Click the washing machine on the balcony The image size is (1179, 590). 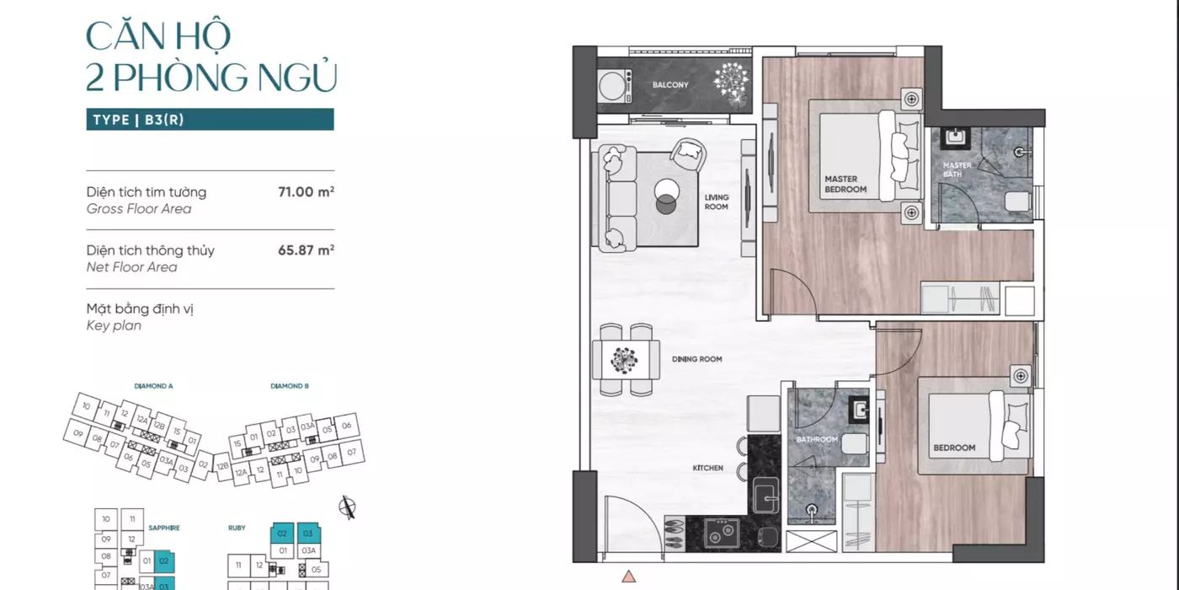click(615, 86)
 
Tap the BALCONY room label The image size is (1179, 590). click(670, 85)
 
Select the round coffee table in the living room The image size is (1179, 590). click(666, 196)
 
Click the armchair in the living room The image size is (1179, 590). click(688, 154)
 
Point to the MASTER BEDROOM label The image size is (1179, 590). click(846, 185)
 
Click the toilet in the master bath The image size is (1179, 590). click(1017, 201)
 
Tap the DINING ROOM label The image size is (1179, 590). click(696, 359)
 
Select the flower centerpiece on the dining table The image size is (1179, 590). click(624, 361)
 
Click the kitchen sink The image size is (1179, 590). click(766, 496)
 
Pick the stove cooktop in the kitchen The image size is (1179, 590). click(722, 533)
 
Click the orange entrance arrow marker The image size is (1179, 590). click(628, 577)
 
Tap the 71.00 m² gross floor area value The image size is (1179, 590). click(306, 191)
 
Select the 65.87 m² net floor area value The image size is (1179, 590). click(306, 249)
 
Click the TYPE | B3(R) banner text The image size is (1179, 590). click(138, 120)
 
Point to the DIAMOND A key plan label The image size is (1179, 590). click(153, 386)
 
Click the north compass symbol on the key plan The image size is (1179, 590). click(347, 507)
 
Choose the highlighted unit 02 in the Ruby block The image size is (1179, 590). click(282, 533)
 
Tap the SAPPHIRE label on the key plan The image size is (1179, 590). click(163, 528)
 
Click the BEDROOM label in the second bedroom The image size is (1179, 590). click(954, 448)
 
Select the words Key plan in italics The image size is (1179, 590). click(114, 325)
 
